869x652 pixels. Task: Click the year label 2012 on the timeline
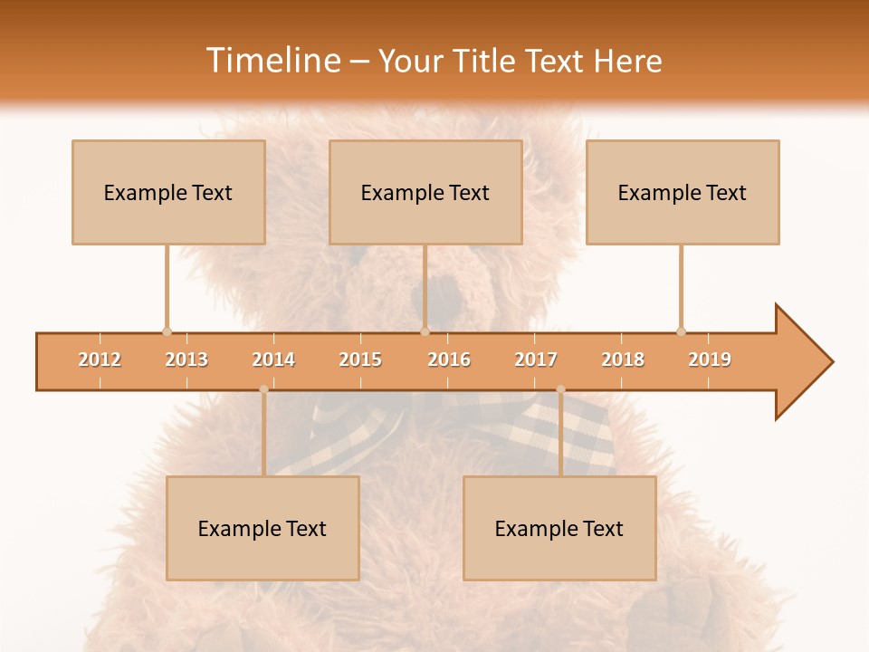tap(100, 360)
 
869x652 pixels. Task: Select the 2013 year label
tap(186, 360)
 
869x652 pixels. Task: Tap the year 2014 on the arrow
tap(273, 360)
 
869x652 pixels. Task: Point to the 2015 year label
tap(360, 360)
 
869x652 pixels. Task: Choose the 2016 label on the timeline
tap(449, 360)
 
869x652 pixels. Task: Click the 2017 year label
tap(536, 360)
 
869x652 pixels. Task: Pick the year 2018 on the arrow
tap(623, 360)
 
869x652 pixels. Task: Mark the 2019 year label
tap(710, 360)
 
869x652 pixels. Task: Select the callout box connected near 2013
tap(168, 192)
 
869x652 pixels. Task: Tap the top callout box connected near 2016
tap(425, 192)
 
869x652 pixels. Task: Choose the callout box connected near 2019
tap(683, 192)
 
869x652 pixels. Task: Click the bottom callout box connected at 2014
tap(263, 528)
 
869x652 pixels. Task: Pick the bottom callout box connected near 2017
tap(559, 528)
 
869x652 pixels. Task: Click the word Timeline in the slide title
tap(272, 61)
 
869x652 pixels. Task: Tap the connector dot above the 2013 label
tap(167, 331)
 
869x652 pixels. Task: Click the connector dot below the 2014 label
tap(263, 389)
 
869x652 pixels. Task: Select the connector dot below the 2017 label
tap(560, 389)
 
